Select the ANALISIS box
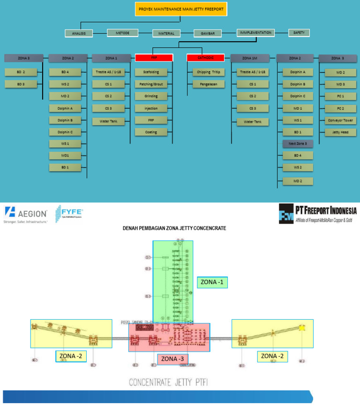click(79, 34)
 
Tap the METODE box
click(122, 33)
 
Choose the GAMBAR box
click(208, 33)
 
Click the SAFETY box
click(299, 33)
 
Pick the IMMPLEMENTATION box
click(255, 33)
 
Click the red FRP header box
click(154, 58)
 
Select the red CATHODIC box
click(206, 58)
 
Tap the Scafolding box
click(151, 72)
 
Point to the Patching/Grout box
click(151, 84)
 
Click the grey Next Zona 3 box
click(297, 143)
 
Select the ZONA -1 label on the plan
click(212, 282)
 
